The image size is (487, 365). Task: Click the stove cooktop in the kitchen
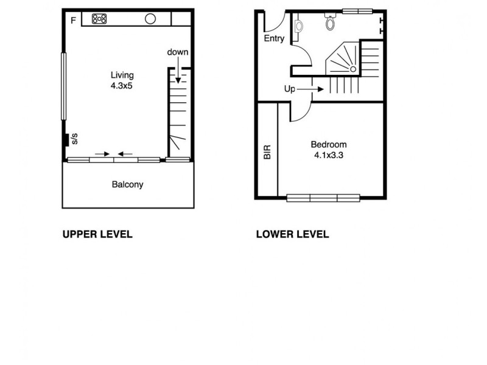[99, 19]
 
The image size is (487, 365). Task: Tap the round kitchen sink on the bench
[150, 19]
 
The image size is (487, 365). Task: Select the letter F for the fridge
[73, 21]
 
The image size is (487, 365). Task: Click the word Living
[121, 75]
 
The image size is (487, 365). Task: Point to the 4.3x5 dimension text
[121, 86]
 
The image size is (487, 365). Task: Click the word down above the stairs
[178, 52]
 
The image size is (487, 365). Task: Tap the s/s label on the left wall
[74, 139]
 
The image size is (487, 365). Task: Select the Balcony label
[127, 184]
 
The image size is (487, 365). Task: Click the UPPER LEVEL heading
[97, 234]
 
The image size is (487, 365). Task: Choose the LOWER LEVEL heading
[292, 234]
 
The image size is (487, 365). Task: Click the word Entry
[274, 38]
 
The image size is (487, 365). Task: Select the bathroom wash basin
[298, 27]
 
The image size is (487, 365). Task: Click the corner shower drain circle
[352, 69]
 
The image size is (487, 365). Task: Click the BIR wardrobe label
[267, 152]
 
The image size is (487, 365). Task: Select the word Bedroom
[329, 145]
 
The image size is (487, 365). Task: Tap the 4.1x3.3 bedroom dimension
[329, 155]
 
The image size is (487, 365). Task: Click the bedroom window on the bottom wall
[323, 197]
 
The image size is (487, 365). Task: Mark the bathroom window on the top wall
[357, 10]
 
